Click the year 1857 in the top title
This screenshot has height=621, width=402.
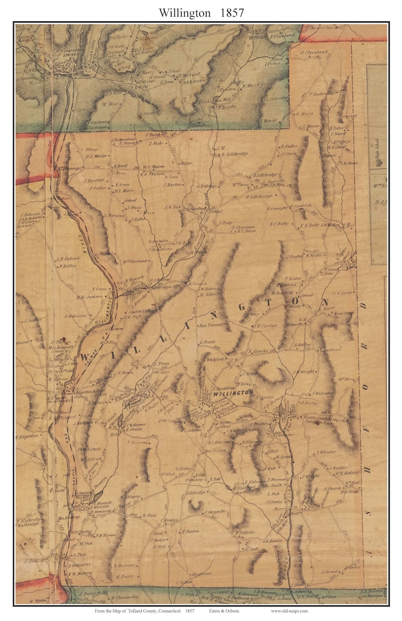coord(231,13)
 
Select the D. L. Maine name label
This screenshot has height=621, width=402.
coord(96,157)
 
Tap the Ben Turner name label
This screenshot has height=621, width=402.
coord(212,325)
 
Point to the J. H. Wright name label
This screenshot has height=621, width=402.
coord(304,371)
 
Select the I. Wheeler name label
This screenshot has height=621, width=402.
coord(326,452)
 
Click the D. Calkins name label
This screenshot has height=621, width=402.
coord(244,532)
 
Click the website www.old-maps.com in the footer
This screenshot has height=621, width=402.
coord(289,611)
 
